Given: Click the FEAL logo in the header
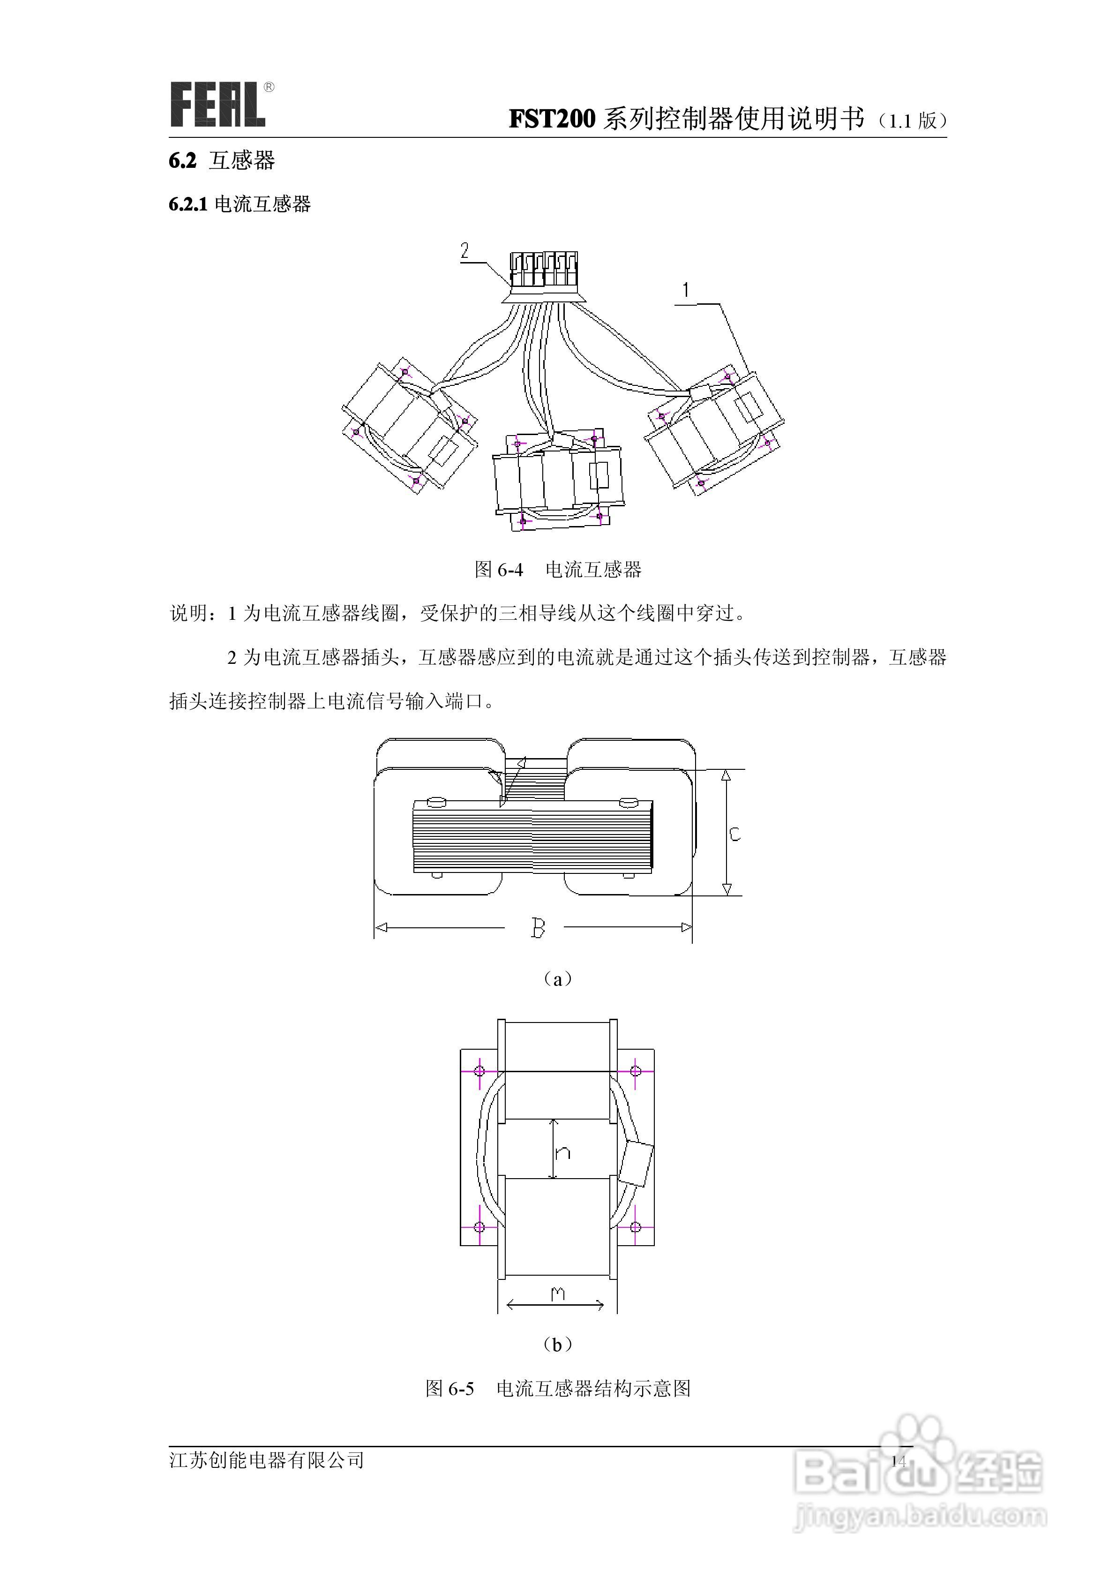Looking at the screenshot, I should [x=218, y=105].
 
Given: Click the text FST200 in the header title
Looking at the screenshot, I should [x=552, y=119].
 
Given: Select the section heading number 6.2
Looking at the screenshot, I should [x=182, y=161].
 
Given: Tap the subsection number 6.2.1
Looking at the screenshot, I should [x=188, y=204].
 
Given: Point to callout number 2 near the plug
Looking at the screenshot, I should [x=465, y=251].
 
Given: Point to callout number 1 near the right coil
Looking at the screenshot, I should [x=686, y=290].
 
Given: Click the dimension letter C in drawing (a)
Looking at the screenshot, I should [x=734, y=834].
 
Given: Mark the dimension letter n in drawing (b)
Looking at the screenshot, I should [x=562, y=1153].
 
